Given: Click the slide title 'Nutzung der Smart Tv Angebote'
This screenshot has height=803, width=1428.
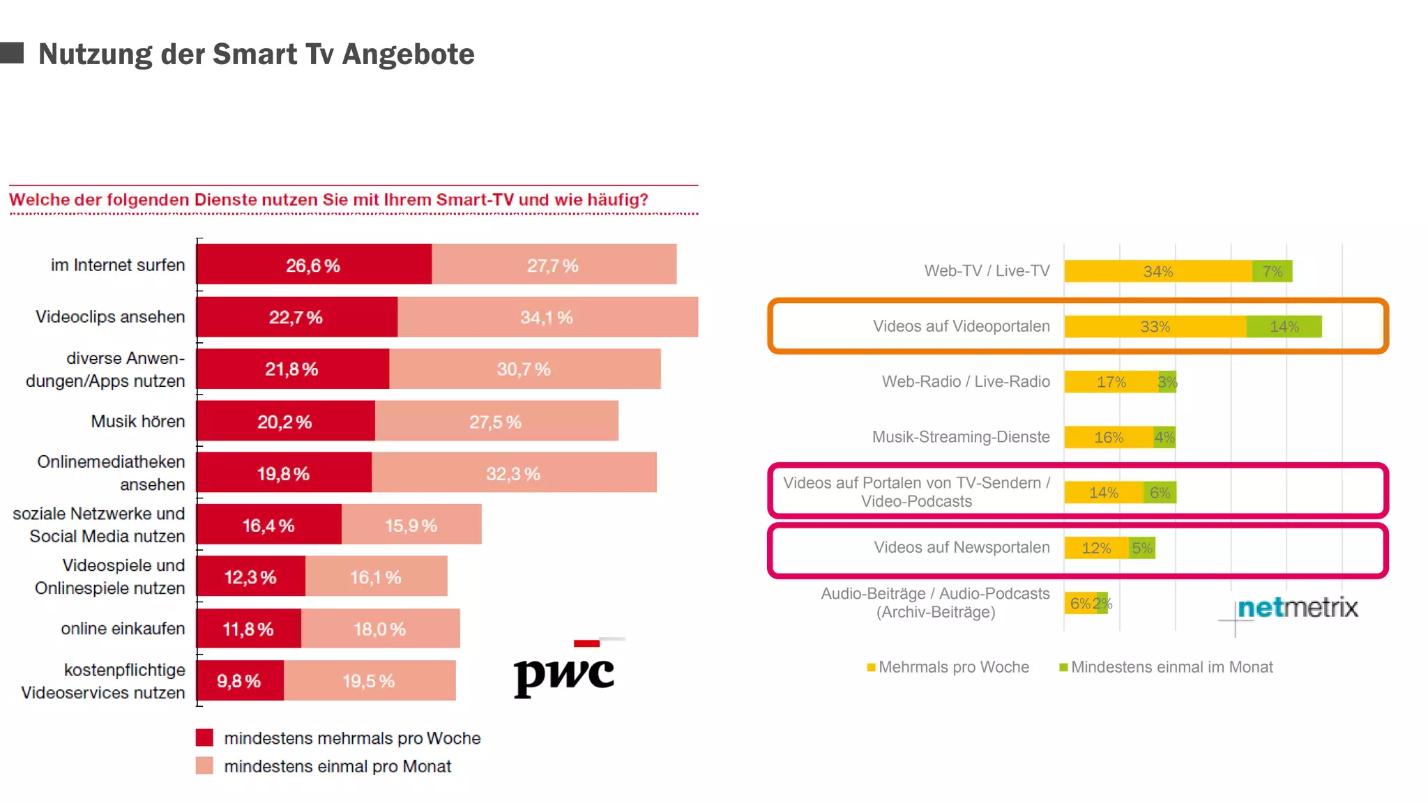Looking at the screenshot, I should point(256,54).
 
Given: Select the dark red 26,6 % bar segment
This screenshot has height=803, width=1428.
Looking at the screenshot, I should point(314,265).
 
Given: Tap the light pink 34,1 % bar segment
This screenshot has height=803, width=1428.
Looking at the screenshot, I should point(547,317).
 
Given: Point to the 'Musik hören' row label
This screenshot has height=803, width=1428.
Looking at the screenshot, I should point(138,421).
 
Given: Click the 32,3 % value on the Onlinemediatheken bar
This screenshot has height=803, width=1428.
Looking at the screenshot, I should point(513,474).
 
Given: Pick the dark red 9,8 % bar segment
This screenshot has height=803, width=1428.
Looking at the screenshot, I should point(240,681).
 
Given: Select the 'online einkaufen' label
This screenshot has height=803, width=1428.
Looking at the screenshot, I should point(123,629).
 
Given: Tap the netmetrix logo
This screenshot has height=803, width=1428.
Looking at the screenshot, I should point(1297,608).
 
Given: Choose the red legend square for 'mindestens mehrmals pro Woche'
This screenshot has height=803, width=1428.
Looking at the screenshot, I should point(204,737).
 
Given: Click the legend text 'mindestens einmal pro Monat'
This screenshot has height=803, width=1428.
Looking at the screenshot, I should point(337,766).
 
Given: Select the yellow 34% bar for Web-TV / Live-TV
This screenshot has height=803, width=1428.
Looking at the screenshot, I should point(1157,271).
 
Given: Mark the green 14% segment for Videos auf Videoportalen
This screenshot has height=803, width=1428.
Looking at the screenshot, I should point(1284,326).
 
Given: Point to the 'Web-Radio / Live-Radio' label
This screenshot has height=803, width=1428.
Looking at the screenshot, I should point(966,381).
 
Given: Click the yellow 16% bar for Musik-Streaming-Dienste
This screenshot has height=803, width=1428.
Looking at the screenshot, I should point(1109,437).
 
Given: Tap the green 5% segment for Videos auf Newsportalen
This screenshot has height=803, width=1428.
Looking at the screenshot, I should point(1141,548).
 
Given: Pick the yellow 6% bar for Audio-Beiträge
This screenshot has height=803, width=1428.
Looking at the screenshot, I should point(1079,603).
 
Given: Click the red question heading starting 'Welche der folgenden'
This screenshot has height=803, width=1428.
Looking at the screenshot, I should point(328,200).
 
